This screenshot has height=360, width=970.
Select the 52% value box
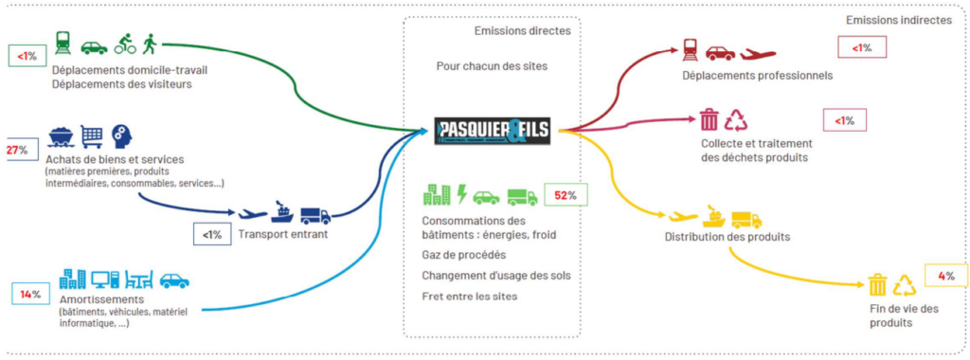pyautogui.click(x=566, y=195)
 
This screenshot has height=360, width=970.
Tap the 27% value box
pyautogui.click(x=16, y=150)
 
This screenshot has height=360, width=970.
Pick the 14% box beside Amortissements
pyautogui.click(x=30, y=295)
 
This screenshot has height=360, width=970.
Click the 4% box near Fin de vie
pyautogui.click(x=945, y=276)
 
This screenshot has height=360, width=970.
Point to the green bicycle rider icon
pyautogui.click(x=125, y=44)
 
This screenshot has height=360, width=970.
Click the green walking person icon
pyautogui.click(x=149, y=43)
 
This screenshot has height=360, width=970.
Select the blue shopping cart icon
pyautogui.click(x=92, y=137)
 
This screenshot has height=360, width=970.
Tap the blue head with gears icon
pyautogui.click(x=120, y=136)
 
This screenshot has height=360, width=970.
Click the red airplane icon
pyautogui.click(x=759, y=53)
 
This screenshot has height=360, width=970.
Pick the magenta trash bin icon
pyautogui.click(x=709, y=119)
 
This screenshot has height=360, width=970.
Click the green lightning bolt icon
pyautogui.click(x=461, y=194)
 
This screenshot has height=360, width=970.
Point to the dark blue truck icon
pyautogui.click(x=315, y=215)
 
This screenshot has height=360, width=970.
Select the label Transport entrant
pyautogui.click(x=282, y=234)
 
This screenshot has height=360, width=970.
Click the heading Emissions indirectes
pyautogui.click(x=898, y=21)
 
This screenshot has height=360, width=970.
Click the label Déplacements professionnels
pyautogui.click(x=757, y=75)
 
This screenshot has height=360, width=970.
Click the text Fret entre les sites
pyautogui.click(x=470, y=296)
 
